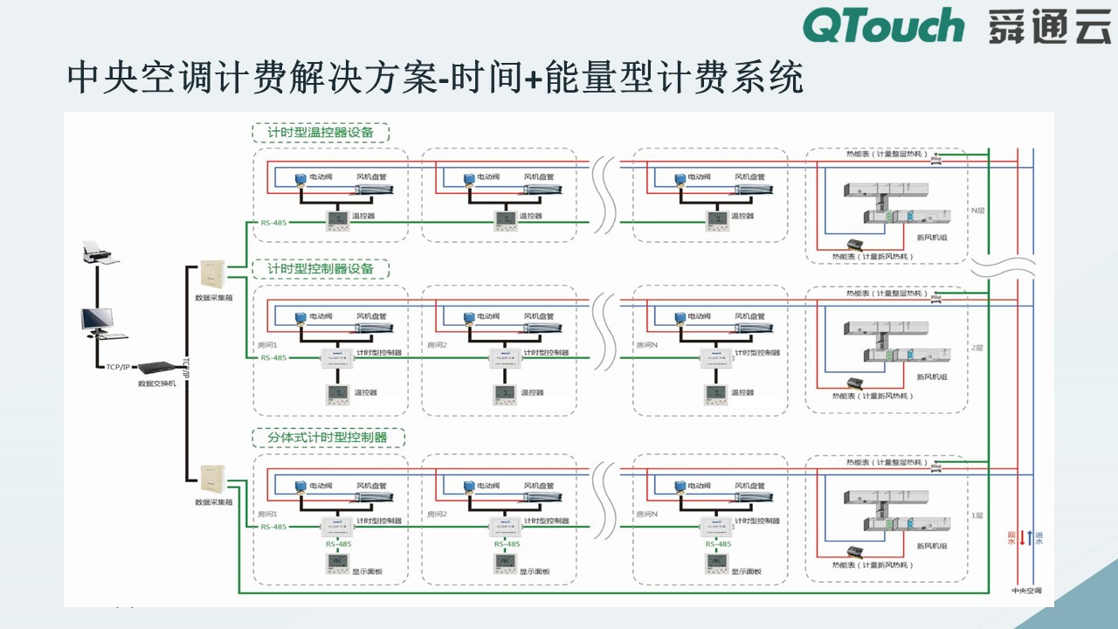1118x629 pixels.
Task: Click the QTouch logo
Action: [x=883, y=26]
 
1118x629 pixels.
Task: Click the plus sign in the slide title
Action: [x=534, y=79]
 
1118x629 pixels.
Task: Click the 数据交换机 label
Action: [x=156, y=383]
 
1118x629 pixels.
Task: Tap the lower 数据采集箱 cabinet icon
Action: [x=213, y=479]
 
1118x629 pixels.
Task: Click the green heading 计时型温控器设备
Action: [x=321, y=133]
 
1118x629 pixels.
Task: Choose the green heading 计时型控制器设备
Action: [x=321, y=268]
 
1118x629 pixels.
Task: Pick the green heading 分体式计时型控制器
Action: [x=321, y=436]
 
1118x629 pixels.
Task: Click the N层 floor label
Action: [x=977, y=211]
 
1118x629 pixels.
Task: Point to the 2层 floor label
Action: [x=977, y=348]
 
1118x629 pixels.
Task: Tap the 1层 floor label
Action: [x=977, y=515]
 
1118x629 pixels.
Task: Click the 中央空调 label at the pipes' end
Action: [x=1025, y=591]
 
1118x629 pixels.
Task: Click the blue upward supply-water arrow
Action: [x=1030, y=537]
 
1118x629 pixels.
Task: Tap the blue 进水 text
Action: [x=1039, y=537]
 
